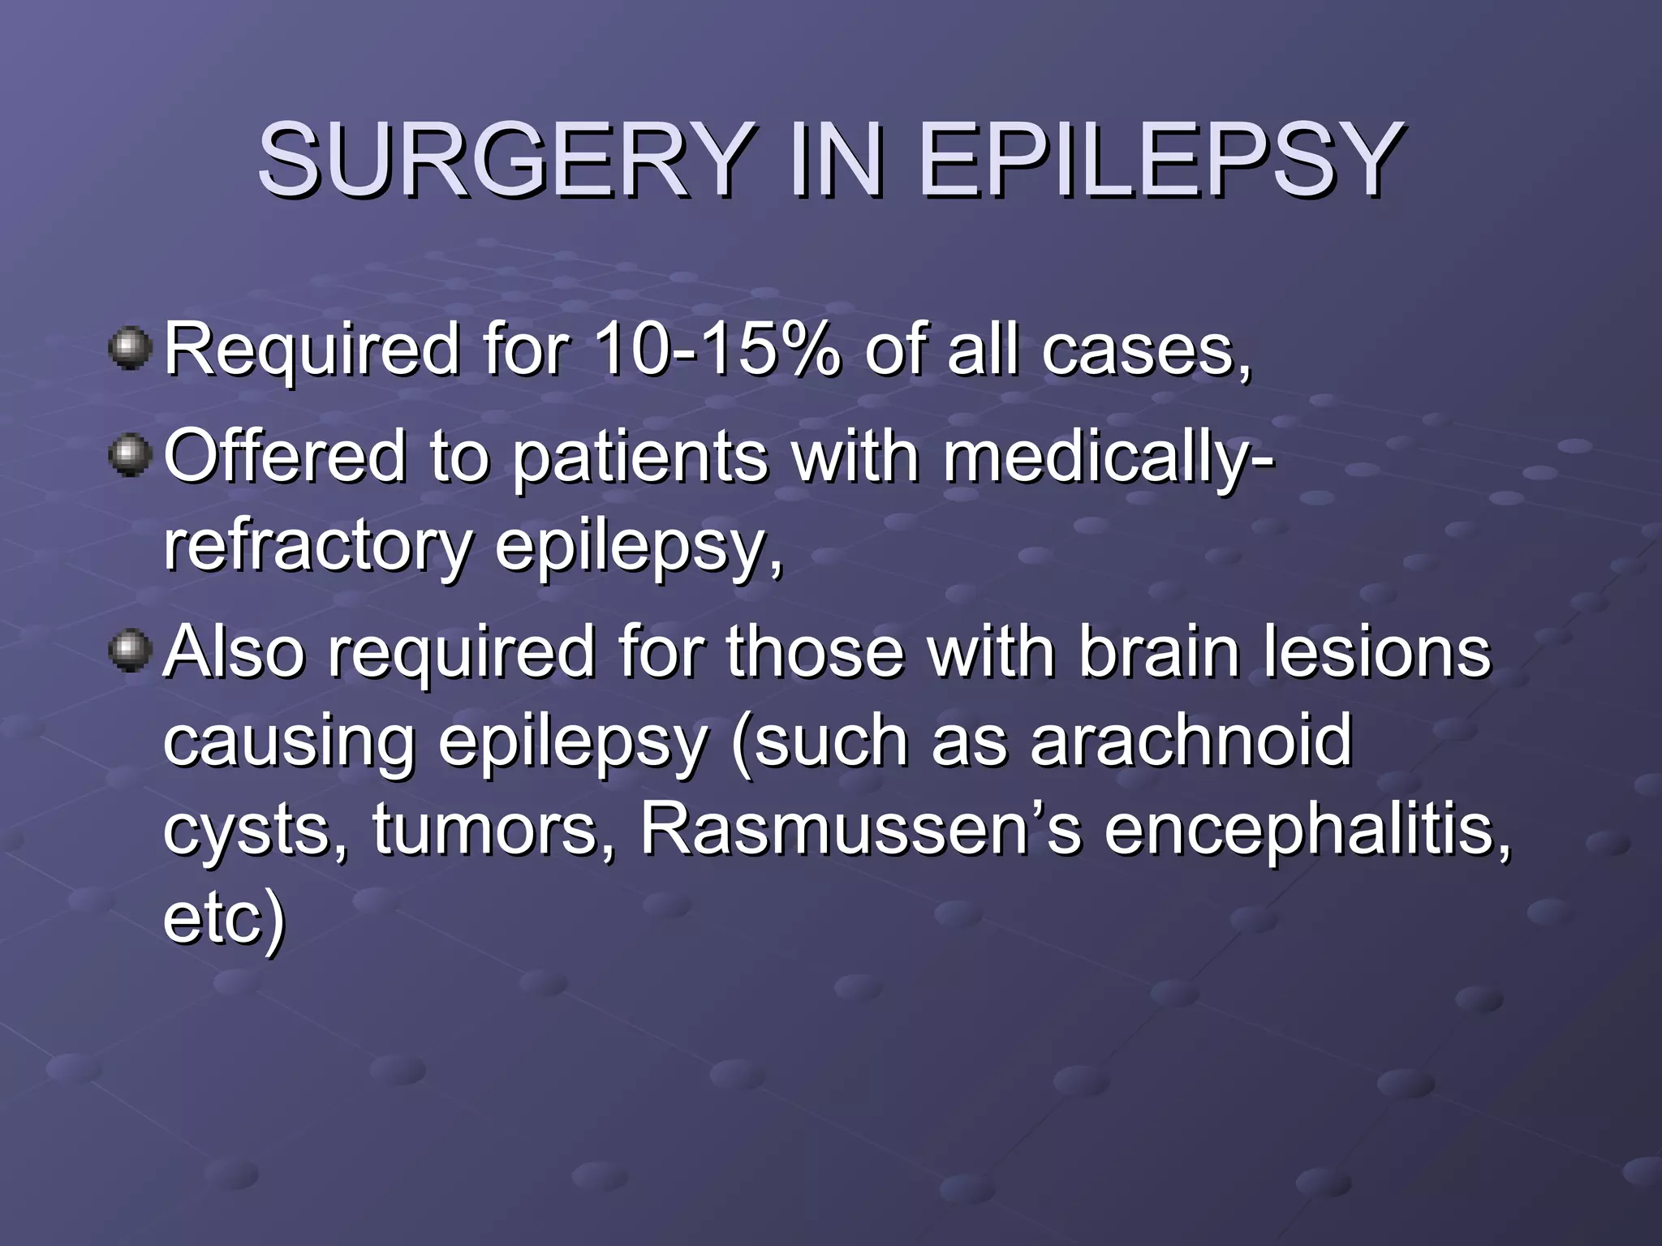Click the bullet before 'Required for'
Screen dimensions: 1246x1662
(x=130, y=349)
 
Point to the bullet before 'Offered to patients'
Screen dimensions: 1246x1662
(x=130, y=455)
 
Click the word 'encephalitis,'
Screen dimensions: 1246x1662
(x=1307, y=831)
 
